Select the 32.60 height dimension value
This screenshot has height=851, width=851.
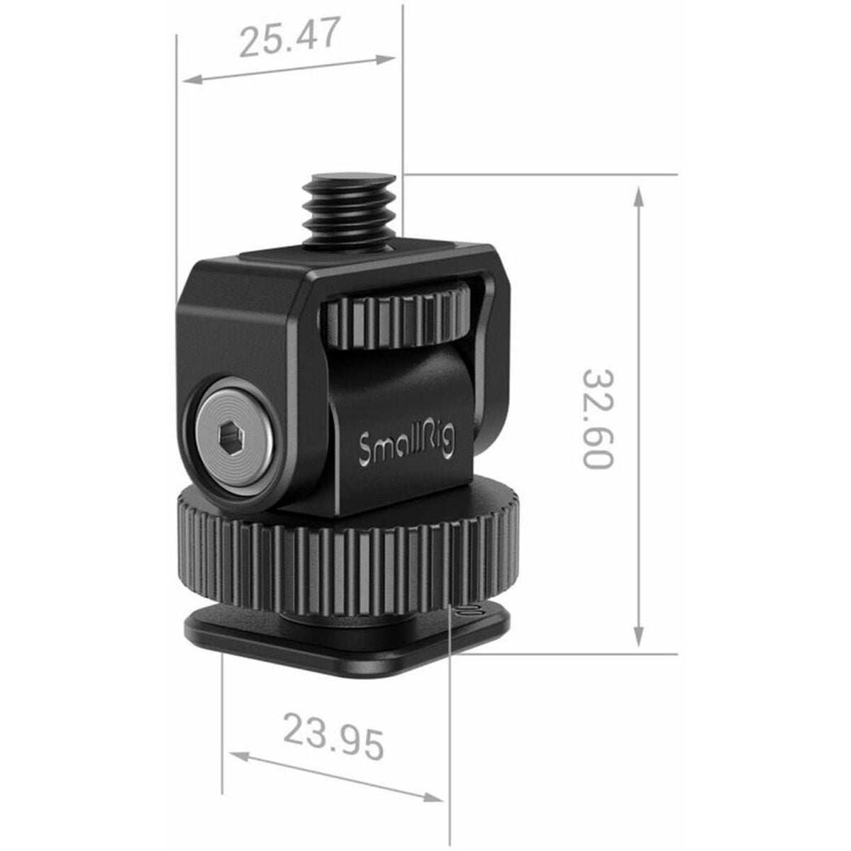pos(597,418)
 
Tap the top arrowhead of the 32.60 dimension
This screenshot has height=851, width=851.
pos(639,195)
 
